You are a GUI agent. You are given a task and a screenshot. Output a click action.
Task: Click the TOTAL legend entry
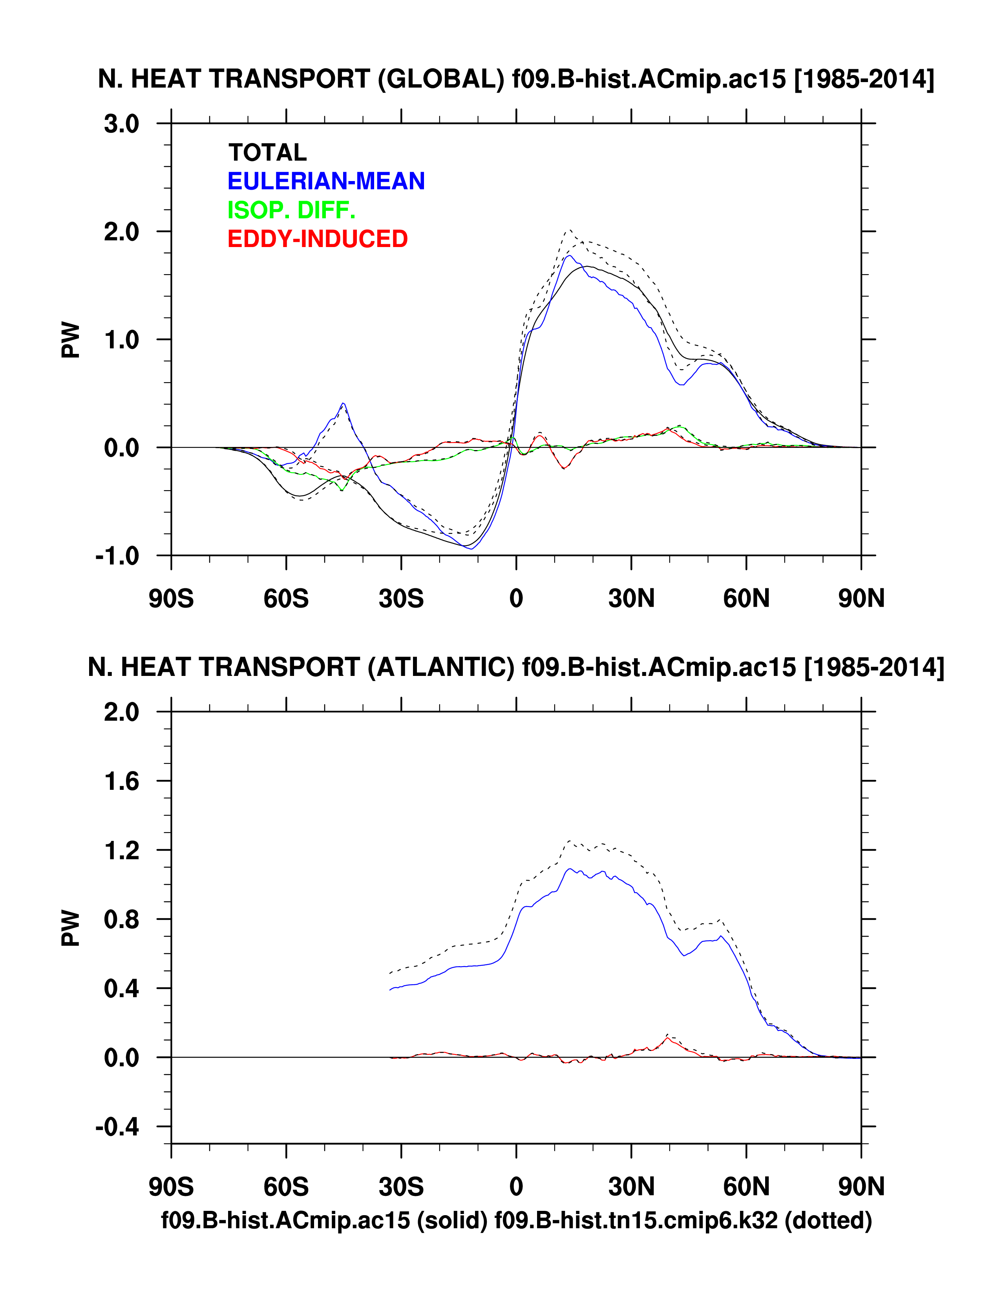point(267,153)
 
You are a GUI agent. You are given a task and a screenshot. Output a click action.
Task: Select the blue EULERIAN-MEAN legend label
point(326,181)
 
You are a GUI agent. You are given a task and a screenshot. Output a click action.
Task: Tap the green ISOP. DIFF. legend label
point(291,210)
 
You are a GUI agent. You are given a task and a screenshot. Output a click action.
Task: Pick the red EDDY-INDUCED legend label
point(317,239)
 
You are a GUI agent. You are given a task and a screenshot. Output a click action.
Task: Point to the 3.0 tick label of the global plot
point(121,125)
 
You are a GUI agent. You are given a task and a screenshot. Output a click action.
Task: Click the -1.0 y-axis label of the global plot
point(117,556)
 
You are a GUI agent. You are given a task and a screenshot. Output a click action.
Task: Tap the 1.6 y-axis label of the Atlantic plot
point(121,782)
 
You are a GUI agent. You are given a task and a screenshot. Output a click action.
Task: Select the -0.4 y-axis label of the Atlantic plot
point(117,1127)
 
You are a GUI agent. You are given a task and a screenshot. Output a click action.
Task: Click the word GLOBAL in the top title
point(441,80)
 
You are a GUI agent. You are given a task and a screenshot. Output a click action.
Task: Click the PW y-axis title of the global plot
point(70,340)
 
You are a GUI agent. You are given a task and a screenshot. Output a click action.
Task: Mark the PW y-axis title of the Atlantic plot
point(70,928)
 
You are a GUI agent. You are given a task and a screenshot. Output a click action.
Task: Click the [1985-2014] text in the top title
point(864,80)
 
